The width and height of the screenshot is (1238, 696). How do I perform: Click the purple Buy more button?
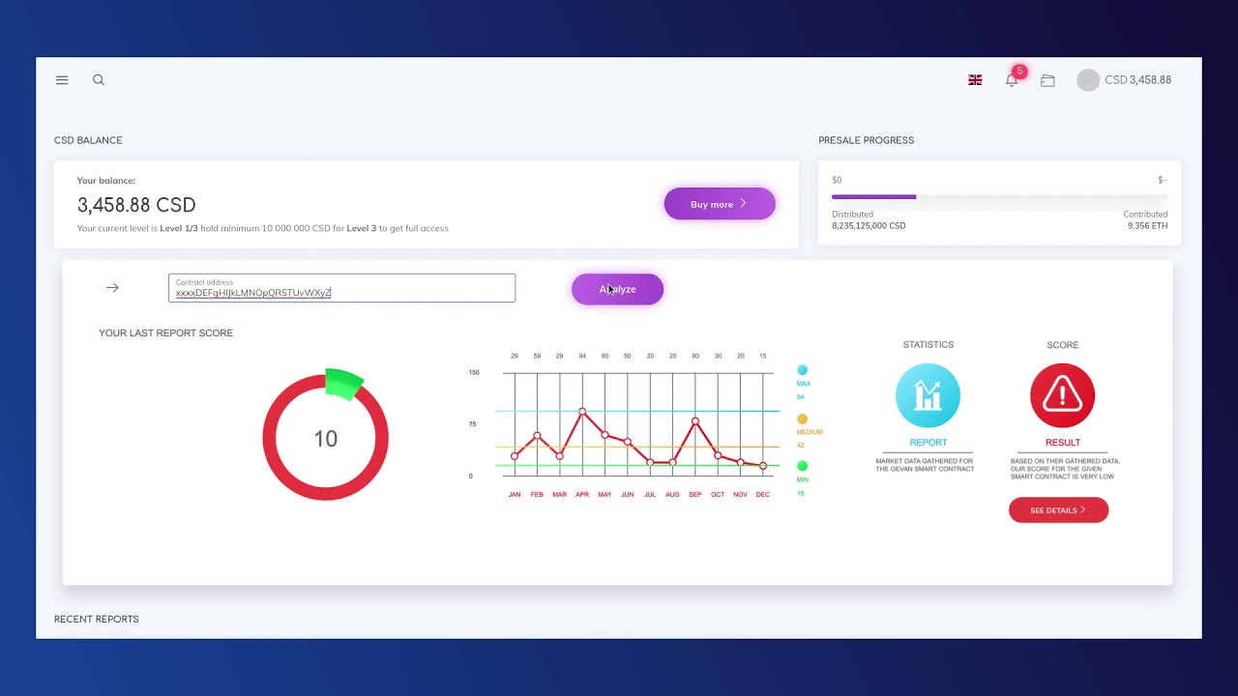[x=719, y=204]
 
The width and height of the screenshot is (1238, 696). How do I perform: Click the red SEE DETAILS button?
[x=1058, y=510]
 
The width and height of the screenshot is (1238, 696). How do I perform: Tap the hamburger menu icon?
[x=62, y=80]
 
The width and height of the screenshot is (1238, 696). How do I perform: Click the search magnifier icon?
[x=99, y=80]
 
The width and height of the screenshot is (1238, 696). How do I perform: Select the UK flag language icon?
[x=975, y=80]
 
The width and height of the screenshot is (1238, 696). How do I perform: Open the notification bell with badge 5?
[x=1012, y=80]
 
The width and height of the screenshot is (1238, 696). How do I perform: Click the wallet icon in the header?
[x=1047, y=81]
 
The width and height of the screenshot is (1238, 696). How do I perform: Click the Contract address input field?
[x=341, y=288]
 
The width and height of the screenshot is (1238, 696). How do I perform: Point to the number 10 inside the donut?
[x=325, y=439]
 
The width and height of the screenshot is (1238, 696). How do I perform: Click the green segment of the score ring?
[x=343, y=383]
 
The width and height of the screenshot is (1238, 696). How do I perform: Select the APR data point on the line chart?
[x=582, y=412]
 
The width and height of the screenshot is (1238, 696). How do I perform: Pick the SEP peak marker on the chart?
[x=695, y=421]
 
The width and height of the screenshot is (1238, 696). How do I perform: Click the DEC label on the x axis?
[x=763, y=495]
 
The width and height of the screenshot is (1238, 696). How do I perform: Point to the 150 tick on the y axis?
[x=474, y=372]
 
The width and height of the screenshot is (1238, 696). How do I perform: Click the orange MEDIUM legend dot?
[x=802, y=419]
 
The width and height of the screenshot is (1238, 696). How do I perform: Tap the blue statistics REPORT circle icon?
[x=928, y=395]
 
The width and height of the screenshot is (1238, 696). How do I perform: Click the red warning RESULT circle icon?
[x=1062, y=395]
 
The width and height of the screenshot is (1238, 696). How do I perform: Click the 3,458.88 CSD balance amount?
[x=136, y=205]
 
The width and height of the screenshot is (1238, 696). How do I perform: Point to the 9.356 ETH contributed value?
[x=1147, y=226]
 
